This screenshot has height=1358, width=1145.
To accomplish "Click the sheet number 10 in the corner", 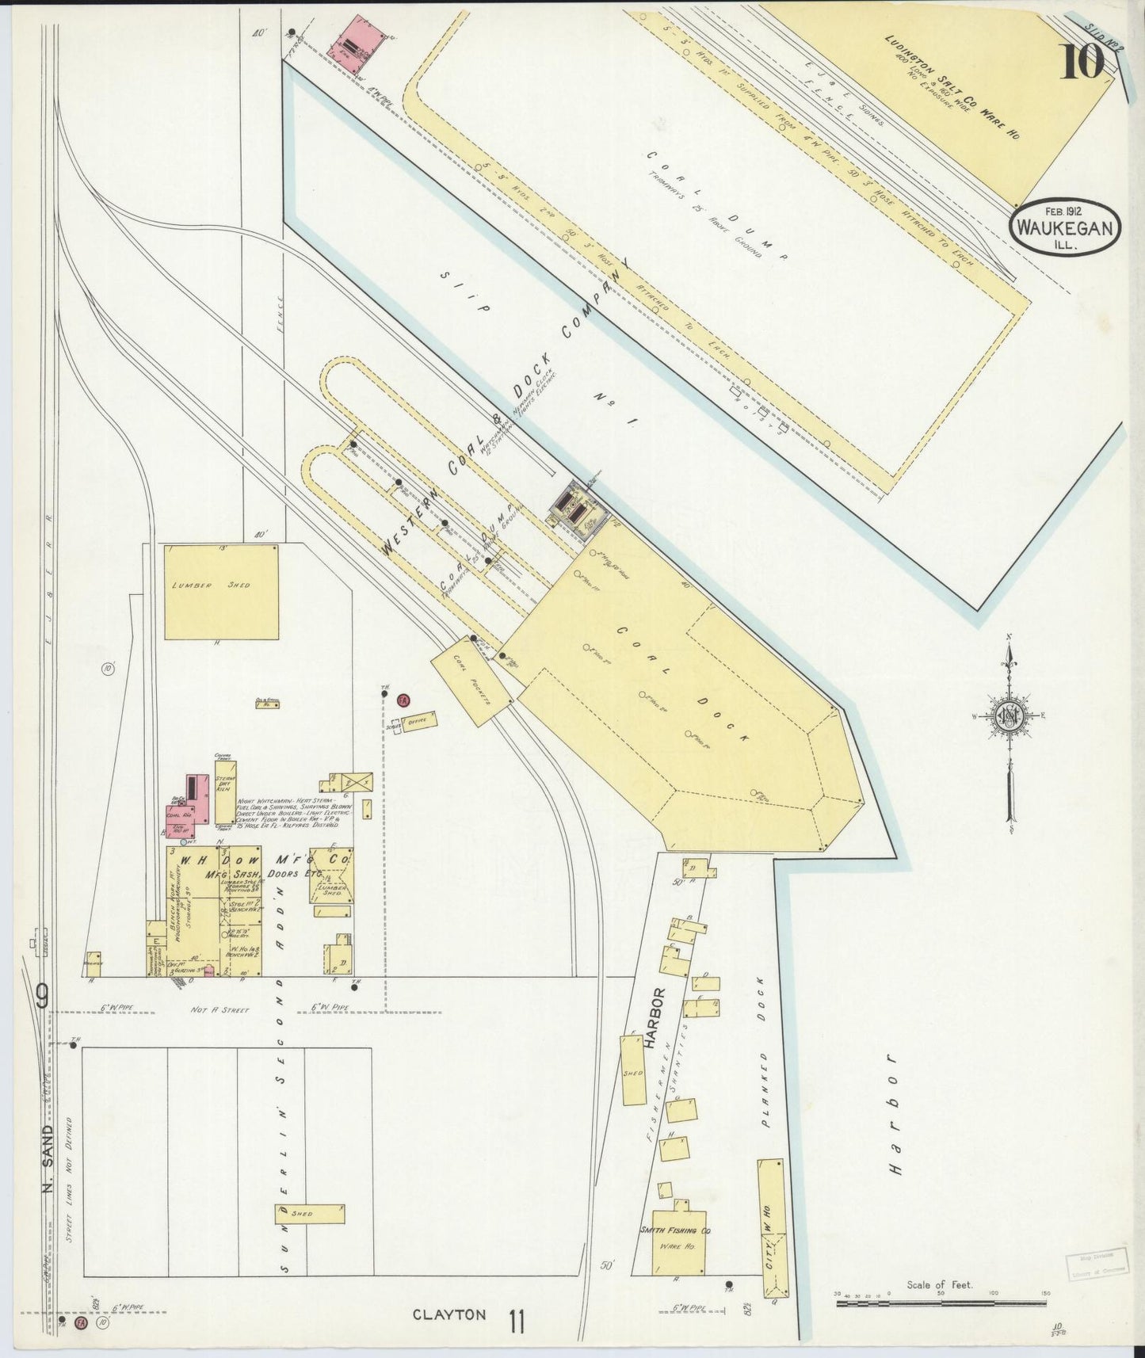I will (x=1082, y=61).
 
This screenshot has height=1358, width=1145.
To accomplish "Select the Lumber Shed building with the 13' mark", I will (x=221, y=591).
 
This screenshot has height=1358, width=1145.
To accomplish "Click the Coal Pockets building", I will (x=471, y=681).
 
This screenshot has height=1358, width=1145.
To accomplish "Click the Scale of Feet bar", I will (x=941, y=1302).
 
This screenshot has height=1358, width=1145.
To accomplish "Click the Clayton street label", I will (x=448, y=1315).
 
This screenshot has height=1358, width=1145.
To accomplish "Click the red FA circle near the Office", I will (x=403, y=700).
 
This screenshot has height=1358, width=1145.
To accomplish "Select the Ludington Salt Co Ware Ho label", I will (x=951, y=87).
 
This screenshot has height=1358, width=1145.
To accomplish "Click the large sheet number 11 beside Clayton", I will (x=517, y=1322).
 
